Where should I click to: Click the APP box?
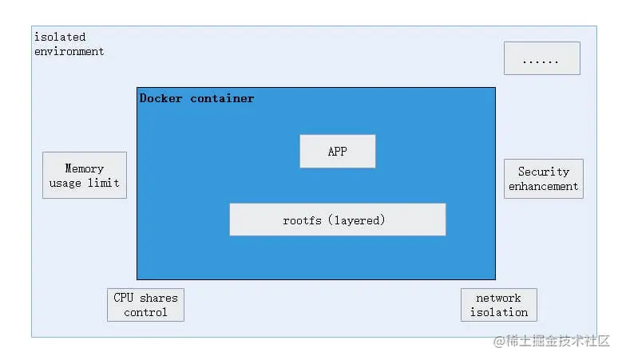coord(337,151)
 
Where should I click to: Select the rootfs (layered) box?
coord(337,220)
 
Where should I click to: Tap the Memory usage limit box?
coord(84,175)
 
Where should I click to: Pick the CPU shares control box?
coord(145,305)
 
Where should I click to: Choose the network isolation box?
coord(498,305)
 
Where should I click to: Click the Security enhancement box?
coord(543,179)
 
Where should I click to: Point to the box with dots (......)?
coord(541,58)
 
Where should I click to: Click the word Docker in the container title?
coord(160,98)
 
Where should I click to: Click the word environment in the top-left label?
coord(69,51)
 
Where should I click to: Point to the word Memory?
coord(84,168)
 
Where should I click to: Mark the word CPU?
coord(123,298)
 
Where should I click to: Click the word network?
coord(498,298)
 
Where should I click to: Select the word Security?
coord(543,172)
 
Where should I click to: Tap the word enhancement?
coord(543,186)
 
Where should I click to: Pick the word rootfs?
coord(301,220)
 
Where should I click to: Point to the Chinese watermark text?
coord(551,342)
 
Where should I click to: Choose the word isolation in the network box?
coord(498,312)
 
